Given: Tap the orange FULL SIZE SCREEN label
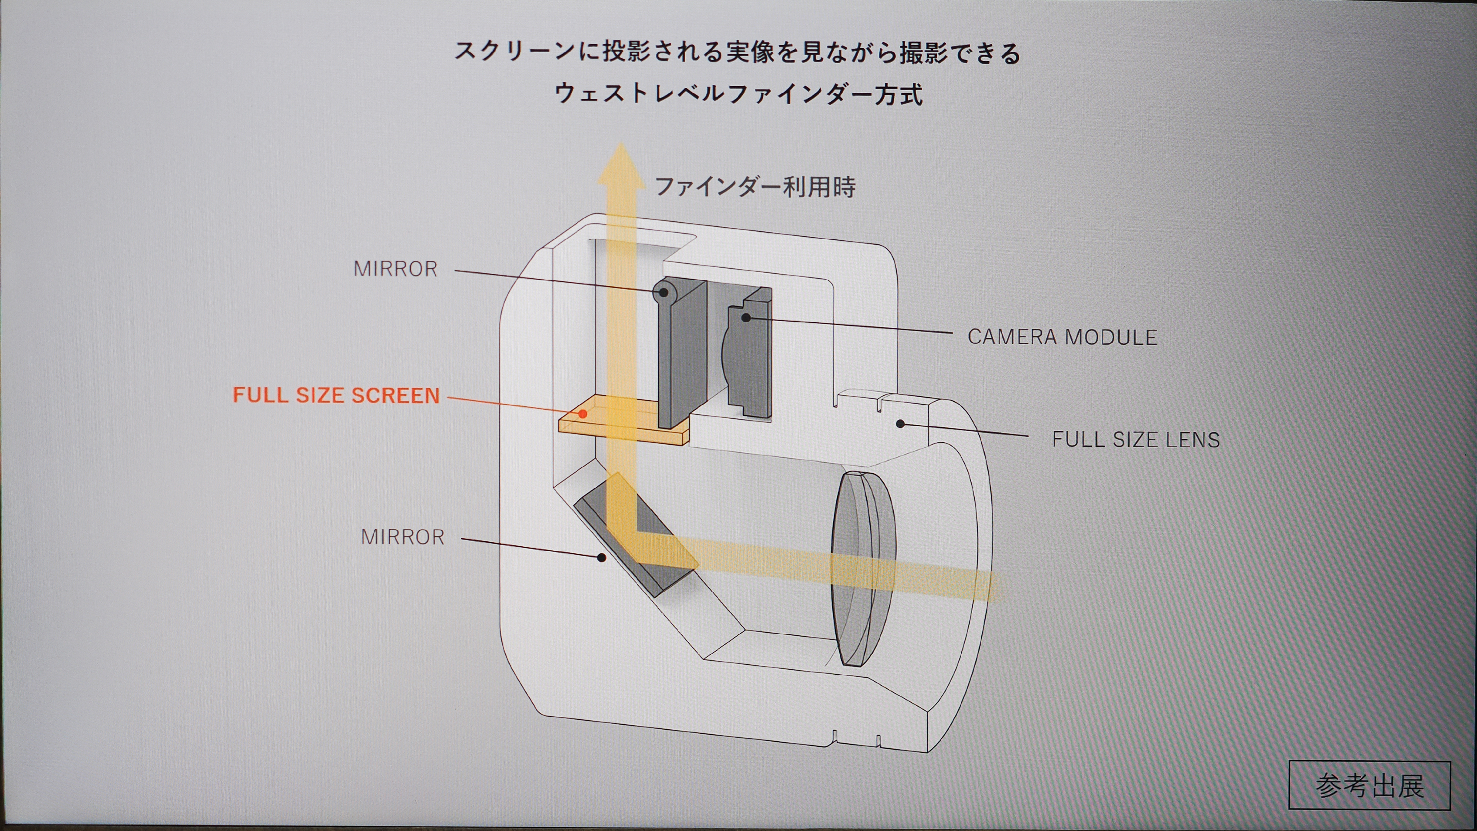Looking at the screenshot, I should point(336,395).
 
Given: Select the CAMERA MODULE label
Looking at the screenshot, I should point(1062,337).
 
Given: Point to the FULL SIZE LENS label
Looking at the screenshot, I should point(1135,440).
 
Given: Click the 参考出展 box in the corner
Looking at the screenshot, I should point(1369,785).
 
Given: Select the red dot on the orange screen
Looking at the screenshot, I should point(583,413).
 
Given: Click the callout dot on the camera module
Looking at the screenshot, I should point(746,317).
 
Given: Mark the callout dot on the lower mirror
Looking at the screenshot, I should point(601,557).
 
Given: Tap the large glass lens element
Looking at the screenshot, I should point(860,568).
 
